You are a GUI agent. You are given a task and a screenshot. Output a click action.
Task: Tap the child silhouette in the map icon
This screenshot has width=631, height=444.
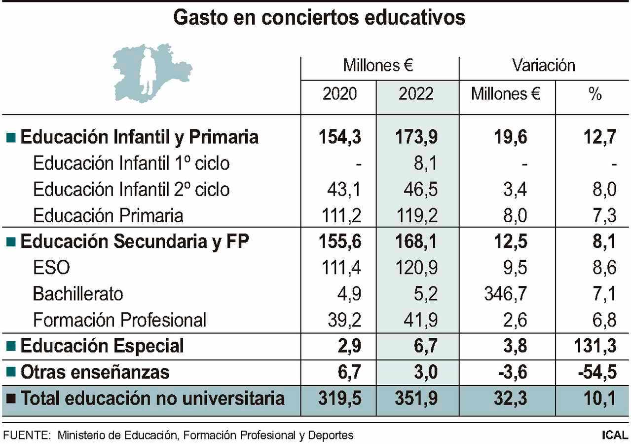coord(147,69)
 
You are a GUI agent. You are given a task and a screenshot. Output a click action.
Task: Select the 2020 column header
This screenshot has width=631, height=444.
coord(339,94)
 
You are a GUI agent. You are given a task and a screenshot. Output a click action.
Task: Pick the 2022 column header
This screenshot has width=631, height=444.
coord(416,94)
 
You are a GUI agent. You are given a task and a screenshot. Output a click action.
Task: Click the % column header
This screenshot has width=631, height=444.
coord(595,94)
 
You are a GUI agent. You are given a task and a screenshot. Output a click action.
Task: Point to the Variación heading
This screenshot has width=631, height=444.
coord(543,66)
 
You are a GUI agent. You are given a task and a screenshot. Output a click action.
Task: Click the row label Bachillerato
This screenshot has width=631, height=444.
coord(78,294)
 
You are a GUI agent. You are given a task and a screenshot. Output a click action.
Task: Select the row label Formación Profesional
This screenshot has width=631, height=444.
coord(119,321)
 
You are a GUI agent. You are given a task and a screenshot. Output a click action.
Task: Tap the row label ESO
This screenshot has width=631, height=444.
coord(51,268)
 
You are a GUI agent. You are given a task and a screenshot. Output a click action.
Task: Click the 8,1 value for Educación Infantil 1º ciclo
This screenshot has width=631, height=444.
coord(425,163)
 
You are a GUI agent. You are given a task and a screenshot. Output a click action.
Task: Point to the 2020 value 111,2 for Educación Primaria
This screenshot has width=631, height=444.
coord(344,216)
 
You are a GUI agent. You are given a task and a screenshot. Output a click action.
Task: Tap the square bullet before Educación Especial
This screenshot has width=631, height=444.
coord(11,346)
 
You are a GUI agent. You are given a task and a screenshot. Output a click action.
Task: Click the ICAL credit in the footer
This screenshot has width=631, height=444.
coord(615,436)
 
